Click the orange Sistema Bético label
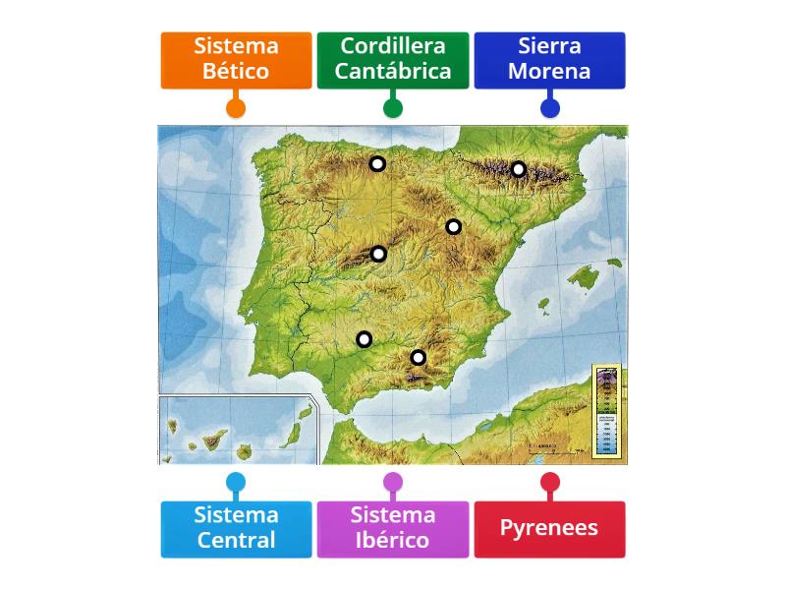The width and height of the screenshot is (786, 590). [236, 59]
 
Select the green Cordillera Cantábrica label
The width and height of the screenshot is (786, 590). [392, 59]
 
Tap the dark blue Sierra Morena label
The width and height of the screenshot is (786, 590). [549, 59]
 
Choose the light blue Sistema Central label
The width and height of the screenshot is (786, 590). [236, 528]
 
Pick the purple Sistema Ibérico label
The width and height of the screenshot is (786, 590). [392, 528]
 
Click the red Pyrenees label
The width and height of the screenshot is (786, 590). [549, 528]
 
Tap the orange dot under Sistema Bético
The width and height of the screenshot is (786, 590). [236, 107]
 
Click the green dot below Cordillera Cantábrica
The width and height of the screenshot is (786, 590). [393, 107]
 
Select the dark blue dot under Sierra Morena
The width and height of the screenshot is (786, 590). [550, 107]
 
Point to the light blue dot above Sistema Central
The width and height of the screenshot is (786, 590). [236, 483]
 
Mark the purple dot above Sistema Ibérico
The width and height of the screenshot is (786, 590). [393, 483]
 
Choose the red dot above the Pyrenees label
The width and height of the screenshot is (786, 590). [550, 483]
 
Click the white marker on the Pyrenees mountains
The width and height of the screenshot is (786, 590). [519, 169]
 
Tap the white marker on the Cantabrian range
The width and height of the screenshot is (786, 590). [377, 164]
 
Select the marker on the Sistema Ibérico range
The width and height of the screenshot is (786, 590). [454, 227]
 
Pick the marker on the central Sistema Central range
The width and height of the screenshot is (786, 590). [379, 255]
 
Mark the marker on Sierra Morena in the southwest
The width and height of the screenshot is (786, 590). [365, 340]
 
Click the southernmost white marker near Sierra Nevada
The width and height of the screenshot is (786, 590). [419, 358]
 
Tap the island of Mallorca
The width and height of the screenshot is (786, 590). [586, 277]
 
